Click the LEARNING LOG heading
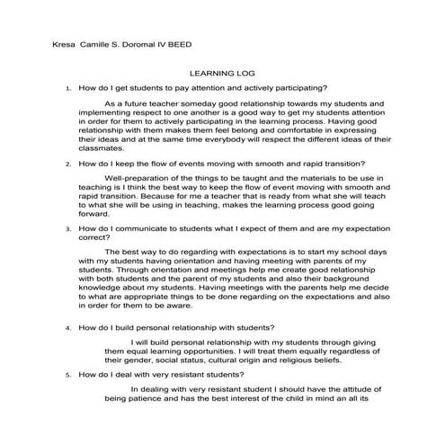pos(222,76)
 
